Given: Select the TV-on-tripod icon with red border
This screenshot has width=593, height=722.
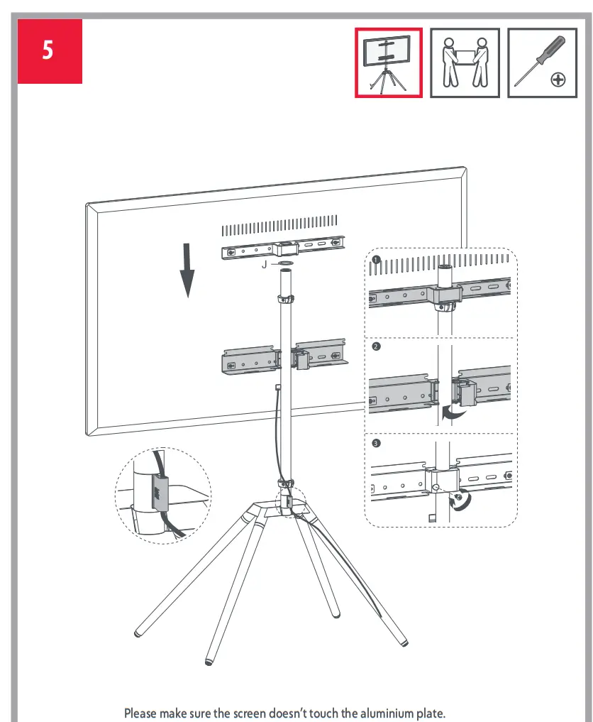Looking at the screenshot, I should (x=389, y=63).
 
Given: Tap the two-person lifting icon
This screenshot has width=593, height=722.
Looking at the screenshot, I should (x=465, y=63).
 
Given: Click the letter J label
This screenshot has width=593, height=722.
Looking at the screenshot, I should (x=264, y=264).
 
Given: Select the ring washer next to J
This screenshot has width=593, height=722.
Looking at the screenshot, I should (x=285, y=264).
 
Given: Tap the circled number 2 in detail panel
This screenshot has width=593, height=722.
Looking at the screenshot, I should (x=376, y=347).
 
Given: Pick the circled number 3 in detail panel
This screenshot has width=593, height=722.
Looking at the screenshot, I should (x=376, y=443).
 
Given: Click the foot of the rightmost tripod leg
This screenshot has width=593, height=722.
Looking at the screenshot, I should (x=404, y=643).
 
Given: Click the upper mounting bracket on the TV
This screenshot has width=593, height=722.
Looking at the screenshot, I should (x=284, y=250).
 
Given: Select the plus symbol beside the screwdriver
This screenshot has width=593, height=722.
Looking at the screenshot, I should (x=559, y=80).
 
